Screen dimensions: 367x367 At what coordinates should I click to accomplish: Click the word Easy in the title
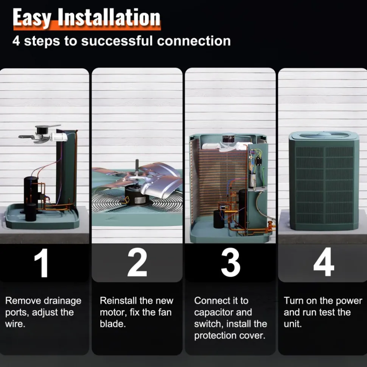32,17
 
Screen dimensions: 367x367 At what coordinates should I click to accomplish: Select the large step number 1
42,263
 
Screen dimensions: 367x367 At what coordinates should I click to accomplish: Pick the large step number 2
137,262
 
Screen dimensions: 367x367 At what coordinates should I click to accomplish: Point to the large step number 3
231,262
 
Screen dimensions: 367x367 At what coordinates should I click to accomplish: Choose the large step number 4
323,262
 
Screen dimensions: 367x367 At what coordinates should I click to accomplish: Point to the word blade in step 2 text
113,324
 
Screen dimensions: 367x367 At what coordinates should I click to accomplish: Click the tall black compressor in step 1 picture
31,194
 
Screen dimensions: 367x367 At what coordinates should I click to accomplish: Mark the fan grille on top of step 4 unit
324,135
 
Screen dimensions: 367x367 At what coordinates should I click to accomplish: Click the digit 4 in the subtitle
16,41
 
